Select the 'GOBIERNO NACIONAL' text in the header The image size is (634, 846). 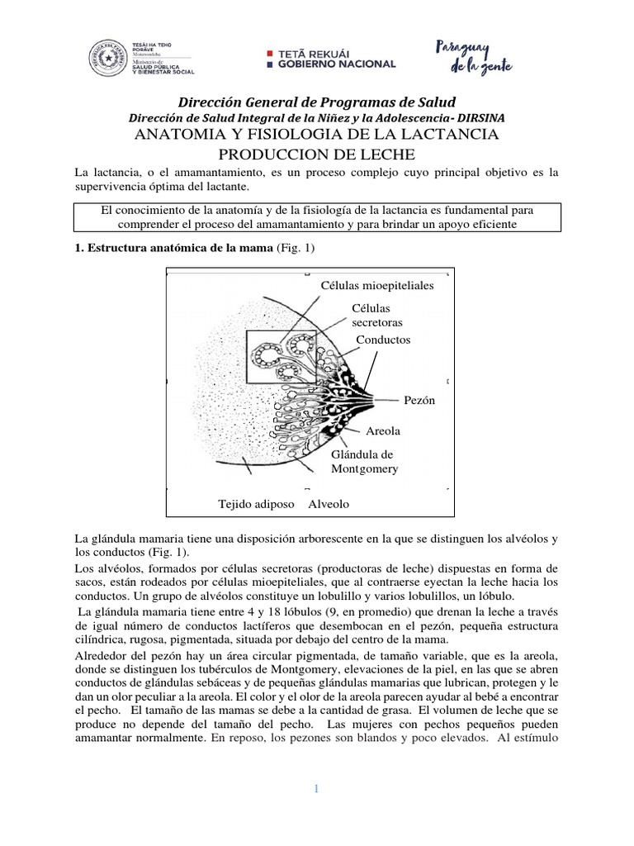[x=337, y=64]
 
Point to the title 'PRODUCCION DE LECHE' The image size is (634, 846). [x=316, y=154]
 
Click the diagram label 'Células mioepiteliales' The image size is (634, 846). [x=376, y=285]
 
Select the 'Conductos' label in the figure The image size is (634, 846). [x=383, y=340]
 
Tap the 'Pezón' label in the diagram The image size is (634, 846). [x=419, y=400]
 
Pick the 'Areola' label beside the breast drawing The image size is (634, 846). [x=383, y=431]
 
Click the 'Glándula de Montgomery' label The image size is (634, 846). [x=364, y=462]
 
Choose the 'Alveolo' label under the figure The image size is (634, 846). [x=329, y=503]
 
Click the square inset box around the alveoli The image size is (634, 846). [x=281, y=358]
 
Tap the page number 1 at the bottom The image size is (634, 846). [x=316, y=790]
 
